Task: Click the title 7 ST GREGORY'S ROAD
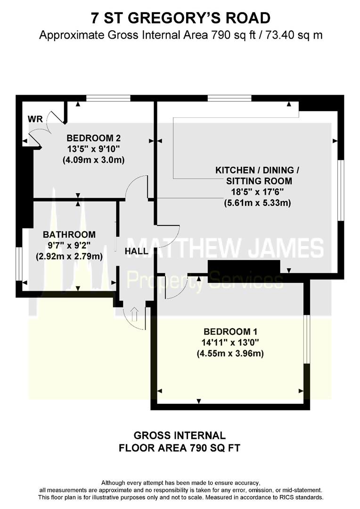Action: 180,18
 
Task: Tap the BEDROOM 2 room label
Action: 94,138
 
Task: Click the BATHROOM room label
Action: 69,234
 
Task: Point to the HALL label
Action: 136,252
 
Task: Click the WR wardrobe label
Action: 35,119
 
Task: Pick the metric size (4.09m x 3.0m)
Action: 93,160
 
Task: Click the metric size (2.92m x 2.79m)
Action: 69,256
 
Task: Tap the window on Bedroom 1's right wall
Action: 307,339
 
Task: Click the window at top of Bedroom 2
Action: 108,98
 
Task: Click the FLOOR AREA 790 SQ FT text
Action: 180,447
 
